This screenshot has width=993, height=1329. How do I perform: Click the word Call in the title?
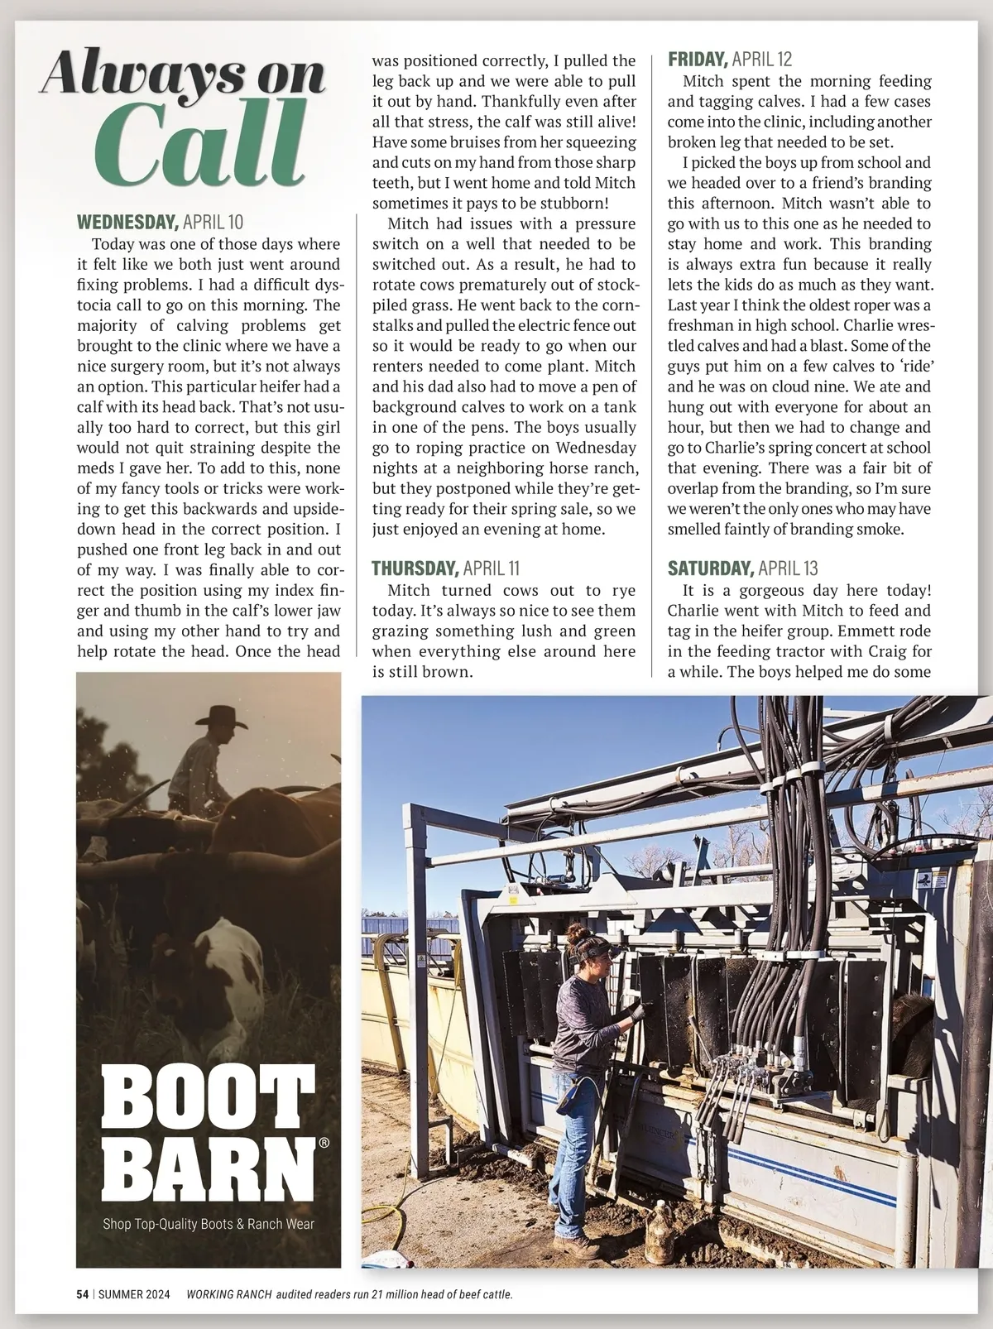coord(202,149)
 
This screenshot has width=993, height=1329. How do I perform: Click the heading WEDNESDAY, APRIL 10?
coord(160,222)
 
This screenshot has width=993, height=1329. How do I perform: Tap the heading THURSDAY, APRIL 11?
coord(444,568)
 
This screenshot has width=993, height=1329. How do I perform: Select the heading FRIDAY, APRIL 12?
coord(729,60)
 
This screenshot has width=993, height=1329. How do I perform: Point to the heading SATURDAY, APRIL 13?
coord(742,568)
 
